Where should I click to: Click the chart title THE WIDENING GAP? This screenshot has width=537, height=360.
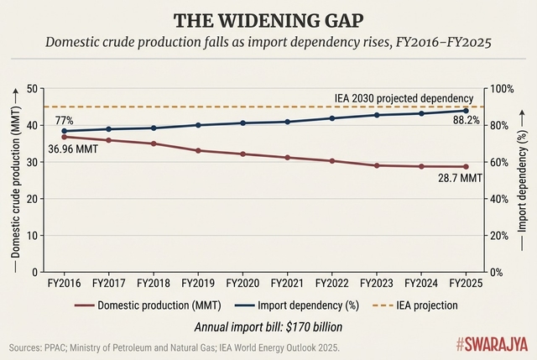pyautogui.click(x=268, y=20)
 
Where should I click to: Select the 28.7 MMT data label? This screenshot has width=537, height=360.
pyautogui.click(x=461, y=179)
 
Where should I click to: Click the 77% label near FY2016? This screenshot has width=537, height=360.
pyautogui.click(x=65, y=120)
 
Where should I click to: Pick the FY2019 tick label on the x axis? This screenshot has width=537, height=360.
pyautogui.click(x=198, y=284)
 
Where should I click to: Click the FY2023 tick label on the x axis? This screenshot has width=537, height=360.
pyautogui.click(x=377, y=284)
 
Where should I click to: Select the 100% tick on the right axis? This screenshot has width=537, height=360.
pyautogui.click(x=503, y=89)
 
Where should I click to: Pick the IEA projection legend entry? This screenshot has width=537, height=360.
pyautogui.click(x=406, y=306)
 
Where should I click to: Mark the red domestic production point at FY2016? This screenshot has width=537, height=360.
pyautogui.click(x=65, y=137)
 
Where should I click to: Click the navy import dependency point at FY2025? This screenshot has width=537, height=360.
pyautogui.click(x=467, y=111)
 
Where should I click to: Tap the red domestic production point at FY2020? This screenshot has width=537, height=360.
pyautogui.click(x=243, y=154)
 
